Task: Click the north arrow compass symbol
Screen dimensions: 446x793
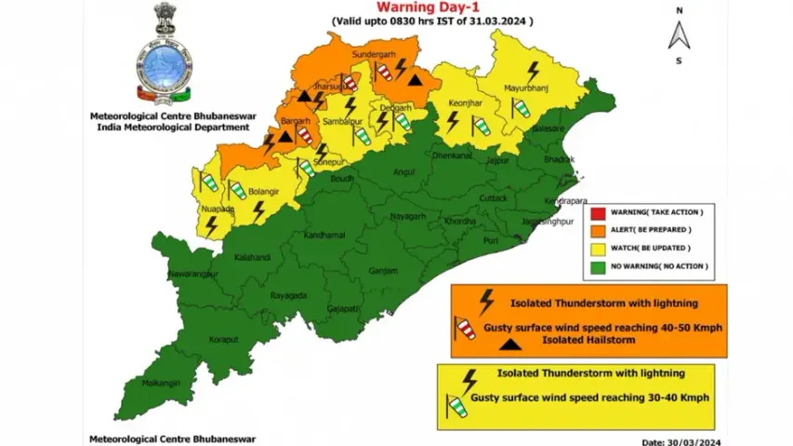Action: [680, 36]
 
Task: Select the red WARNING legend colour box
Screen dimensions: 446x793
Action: [598, 212]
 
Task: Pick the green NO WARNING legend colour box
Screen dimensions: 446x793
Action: [598, 266]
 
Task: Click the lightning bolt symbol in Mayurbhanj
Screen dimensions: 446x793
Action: [534, 71]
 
